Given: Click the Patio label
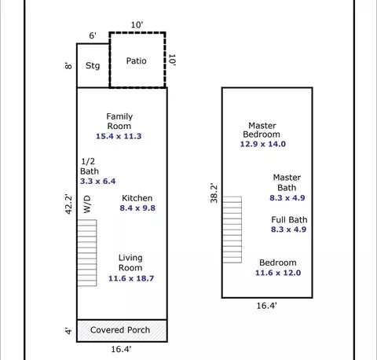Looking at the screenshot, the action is [136, 61].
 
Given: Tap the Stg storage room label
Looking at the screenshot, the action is [93, 65].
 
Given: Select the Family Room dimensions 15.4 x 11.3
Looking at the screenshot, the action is [119, 136].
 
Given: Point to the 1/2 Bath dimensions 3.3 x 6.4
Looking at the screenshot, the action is [97, 181].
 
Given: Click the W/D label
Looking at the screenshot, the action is [87, 204].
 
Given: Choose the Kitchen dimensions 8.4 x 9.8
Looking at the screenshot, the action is [137, 208].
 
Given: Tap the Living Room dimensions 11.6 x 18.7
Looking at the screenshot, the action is [131, 278].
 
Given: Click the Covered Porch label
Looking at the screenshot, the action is [120, 330].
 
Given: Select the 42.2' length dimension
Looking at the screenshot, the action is [68, 204].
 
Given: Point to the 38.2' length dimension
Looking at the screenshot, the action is [214, 193].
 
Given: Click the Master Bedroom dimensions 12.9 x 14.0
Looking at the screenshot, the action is [263, 144].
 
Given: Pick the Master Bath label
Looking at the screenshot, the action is [287, 182].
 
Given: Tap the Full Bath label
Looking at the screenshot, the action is [289, 219].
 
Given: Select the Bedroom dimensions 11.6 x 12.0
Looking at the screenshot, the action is [278, 273].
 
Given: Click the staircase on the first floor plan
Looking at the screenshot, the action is [87, 253].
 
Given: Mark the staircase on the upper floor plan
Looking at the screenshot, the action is [232, 230].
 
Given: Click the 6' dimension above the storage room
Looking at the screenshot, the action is [93, 35].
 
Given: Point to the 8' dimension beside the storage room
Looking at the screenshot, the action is [68, 65].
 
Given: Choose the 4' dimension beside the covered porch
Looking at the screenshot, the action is [68, 331].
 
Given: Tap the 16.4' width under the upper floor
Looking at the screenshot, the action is [266, 306].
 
